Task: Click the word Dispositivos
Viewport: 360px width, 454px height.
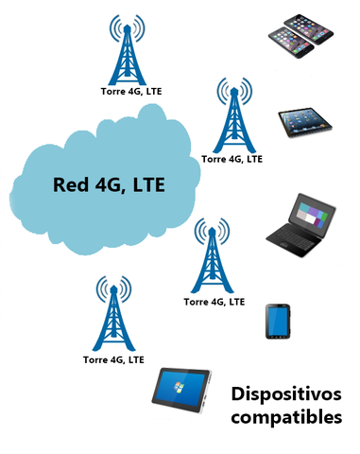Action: coord(286,393)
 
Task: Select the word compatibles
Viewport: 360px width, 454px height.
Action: coord(285,416)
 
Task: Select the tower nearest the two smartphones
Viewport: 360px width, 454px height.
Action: coord(124,52)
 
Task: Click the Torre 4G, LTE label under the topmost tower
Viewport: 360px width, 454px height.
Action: coord(130,93)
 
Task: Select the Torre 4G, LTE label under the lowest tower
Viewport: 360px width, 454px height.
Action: coord(113,359)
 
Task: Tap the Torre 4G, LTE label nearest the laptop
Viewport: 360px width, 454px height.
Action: coord(214,302)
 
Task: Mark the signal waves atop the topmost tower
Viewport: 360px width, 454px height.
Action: coord(124,28)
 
